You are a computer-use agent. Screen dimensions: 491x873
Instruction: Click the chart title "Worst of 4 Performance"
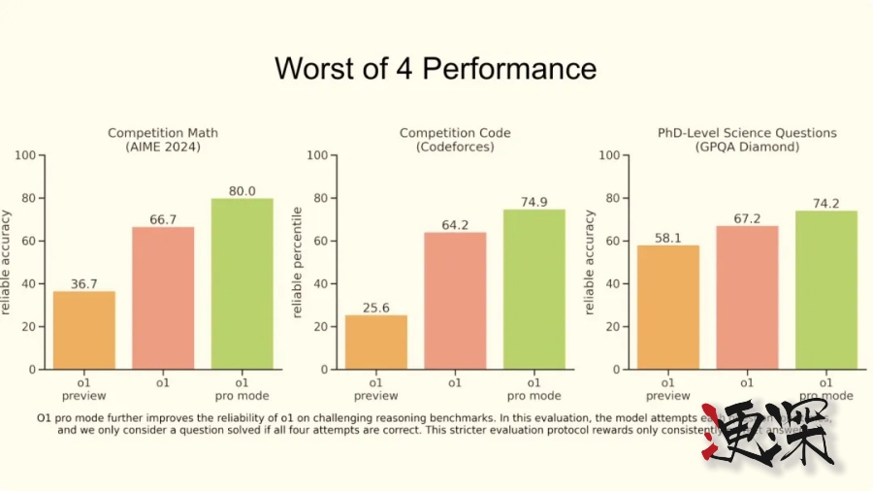(435, 69)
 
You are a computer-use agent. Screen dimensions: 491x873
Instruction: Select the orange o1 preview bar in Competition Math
(83, 330)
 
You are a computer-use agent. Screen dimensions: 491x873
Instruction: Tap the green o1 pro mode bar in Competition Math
(242, 283)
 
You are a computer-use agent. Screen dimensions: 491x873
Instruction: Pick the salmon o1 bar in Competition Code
(455, 301)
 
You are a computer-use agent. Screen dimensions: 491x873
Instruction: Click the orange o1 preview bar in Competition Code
(376, 342)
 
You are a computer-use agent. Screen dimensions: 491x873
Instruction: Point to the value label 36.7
(84, 283)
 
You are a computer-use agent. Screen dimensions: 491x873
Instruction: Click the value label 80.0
(242, 191)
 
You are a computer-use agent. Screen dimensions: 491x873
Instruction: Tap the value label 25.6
(376, 308)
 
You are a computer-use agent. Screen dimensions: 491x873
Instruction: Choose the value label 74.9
(533, 202)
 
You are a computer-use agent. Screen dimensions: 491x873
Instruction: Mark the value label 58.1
(668, 238)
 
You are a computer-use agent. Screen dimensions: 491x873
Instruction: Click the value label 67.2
(747, 218)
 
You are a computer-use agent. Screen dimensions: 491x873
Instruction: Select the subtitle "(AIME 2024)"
(163, 147)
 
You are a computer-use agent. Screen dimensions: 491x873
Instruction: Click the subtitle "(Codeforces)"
(455, 147)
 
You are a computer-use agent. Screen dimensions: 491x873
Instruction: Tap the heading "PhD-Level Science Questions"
(747, 133)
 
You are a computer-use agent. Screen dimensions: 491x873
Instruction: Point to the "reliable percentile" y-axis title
(297, 262)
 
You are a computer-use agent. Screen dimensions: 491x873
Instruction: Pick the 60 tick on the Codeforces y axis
(320, 241)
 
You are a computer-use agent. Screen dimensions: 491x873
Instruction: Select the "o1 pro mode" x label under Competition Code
(533, 389)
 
